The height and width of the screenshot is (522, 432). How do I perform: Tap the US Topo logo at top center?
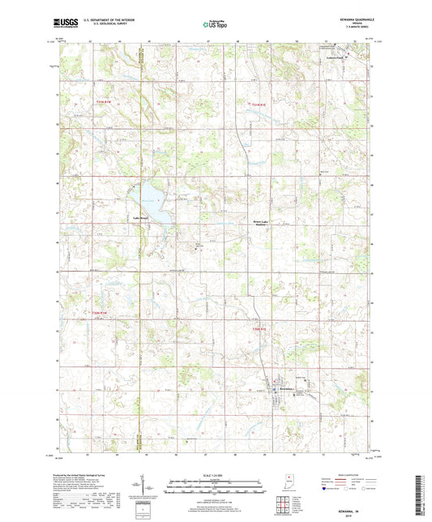click(215, 25)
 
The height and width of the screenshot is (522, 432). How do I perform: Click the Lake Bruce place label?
click(130, 218)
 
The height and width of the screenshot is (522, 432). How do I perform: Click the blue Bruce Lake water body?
click(157, 209)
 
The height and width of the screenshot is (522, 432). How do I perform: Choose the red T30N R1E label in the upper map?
click(259, 103)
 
